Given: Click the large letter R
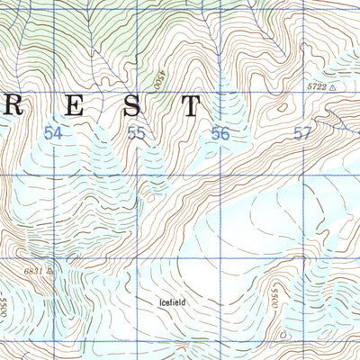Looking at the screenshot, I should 12,107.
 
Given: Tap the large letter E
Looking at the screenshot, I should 71,107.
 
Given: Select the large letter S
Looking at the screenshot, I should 131,107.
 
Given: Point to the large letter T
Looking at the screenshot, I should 190,107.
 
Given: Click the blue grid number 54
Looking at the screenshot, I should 53,133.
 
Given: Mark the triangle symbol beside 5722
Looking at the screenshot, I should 332,88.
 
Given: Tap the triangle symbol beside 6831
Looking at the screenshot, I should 50,268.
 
